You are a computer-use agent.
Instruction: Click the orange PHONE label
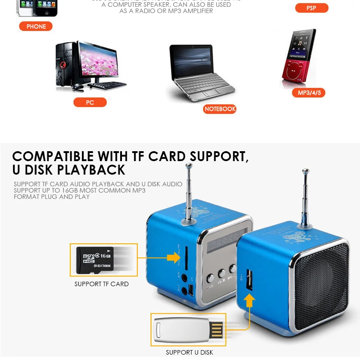click(x=36, y=27)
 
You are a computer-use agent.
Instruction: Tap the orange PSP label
click(x=311, y=8)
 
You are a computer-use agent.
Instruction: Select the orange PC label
click(x=90, y=103)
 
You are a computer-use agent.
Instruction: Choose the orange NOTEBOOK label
click(x=220, y=109)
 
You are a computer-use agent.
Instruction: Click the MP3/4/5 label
click(x=309, y=93)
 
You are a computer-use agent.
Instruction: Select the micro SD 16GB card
click(x=95, y=260)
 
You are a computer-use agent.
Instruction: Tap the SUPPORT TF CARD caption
click(x=101, y=284)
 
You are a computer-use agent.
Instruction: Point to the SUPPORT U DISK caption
click(x=189, y=352)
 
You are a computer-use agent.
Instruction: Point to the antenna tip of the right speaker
click(x=306, y=171)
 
